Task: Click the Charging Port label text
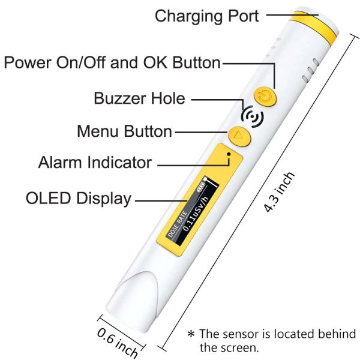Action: coord(206,15)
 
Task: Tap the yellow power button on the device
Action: coord(265,95)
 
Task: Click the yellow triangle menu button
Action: coord(239,136)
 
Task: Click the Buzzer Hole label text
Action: coord(140,98)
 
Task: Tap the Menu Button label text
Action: coord(125,131)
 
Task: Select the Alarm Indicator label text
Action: coord(95,163)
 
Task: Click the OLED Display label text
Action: coord(78,199)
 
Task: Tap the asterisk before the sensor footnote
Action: coord(191,335)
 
